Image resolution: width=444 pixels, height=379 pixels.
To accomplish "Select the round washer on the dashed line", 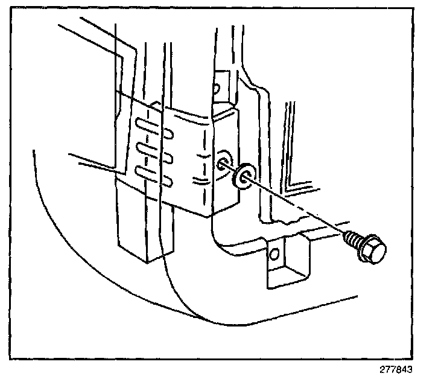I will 244,175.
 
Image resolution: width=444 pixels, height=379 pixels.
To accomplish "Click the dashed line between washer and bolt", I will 296,205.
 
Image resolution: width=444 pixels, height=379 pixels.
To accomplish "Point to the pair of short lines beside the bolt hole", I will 199,180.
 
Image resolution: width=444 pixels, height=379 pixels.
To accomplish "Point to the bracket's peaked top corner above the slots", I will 156,104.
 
